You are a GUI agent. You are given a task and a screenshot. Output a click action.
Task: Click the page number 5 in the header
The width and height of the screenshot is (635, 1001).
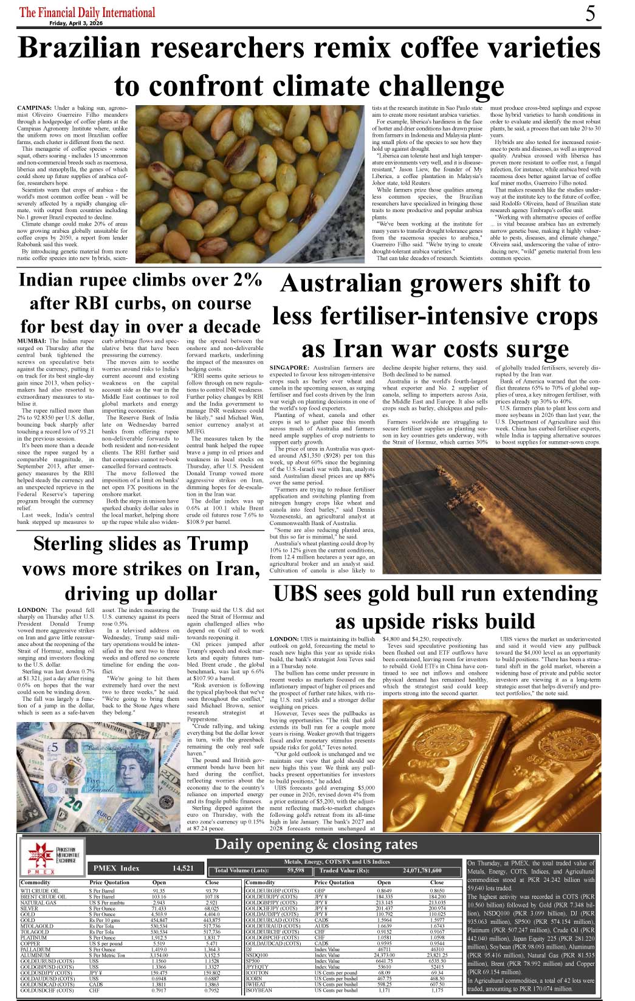(590, 13)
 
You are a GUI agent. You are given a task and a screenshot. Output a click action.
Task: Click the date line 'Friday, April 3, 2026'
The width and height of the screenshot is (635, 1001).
(76, 23)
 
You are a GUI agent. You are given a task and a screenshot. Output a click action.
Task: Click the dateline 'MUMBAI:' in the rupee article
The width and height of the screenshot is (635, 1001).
(32, 342)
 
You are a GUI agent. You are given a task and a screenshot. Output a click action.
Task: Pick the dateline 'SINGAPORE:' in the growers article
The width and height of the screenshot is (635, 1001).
(289, 368)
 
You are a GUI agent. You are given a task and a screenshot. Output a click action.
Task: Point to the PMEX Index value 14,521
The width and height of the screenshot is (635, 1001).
(183, 868)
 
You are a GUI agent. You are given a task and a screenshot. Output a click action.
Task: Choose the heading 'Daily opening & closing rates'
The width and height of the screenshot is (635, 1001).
(316, 844)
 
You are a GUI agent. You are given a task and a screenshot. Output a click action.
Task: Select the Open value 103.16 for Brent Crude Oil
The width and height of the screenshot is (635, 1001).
(159, 896)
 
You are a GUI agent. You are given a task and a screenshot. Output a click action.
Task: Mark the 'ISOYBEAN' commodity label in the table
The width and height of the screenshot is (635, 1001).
(259, 990)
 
